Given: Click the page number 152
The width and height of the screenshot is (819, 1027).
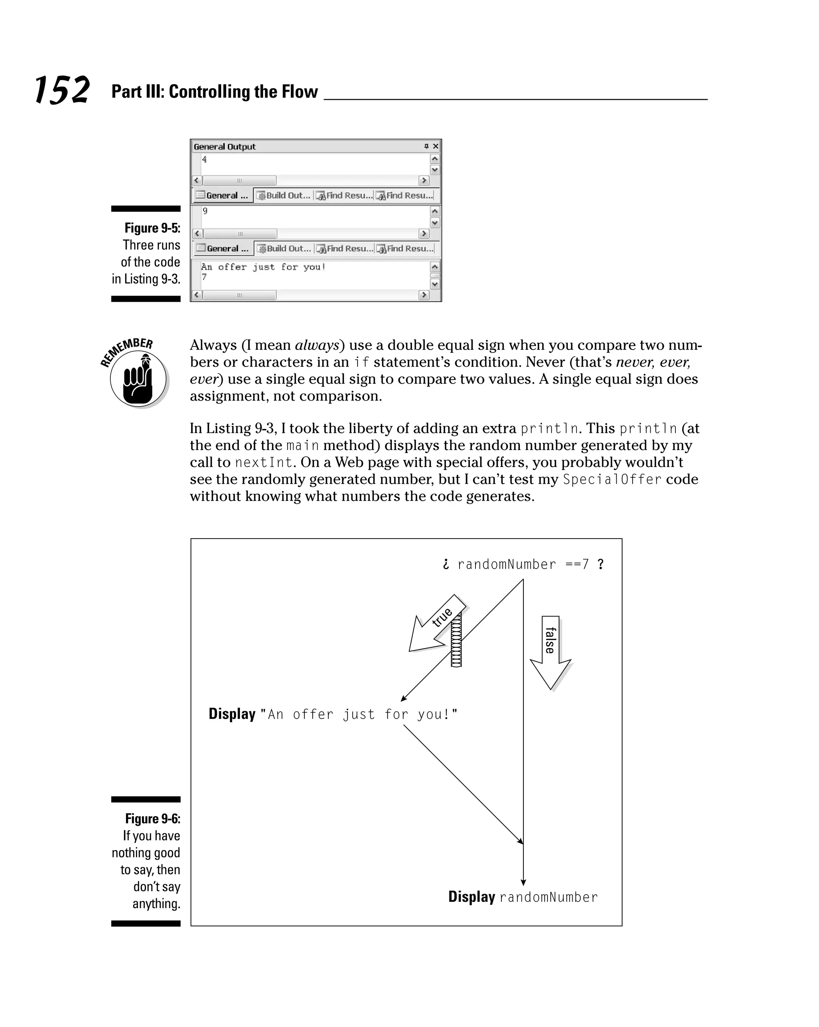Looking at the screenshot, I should click(x=62, y=90).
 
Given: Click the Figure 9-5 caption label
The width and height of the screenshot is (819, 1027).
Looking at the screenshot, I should click(x=152, y=228).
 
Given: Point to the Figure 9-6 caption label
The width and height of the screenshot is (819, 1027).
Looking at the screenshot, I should click(x=152, y=819).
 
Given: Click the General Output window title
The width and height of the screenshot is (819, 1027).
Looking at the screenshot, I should click(x=224, y=147).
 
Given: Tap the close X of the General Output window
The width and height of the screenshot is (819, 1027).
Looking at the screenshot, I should click(x=435, y=146).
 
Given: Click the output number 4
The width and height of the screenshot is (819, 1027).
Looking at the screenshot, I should click(x=204, y=159).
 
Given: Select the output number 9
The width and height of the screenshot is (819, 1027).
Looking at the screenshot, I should click(x=205, y=211).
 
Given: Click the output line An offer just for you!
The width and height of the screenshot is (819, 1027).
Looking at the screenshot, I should click(x=263, y=267).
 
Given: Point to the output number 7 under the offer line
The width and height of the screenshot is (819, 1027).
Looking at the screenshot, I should click(x=204, y=277).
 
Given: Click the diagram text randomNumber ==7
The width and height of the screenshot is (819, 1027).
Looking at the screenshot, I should click(x=523, y=565).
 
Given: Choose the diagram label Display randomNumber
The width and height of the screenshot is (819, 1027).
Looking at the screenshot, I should click(x=522, y=897).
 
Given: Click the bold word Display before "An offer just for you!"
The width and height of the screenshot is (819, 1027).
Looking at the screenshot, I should click(x=232, y=714).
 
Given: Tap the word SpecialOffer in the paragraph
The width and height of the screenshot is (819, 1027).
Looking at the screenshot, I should click(x=612, y=479).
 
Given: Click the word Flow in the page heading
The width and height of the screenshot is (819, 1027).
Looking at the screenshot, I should click(x=300, y=92).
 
